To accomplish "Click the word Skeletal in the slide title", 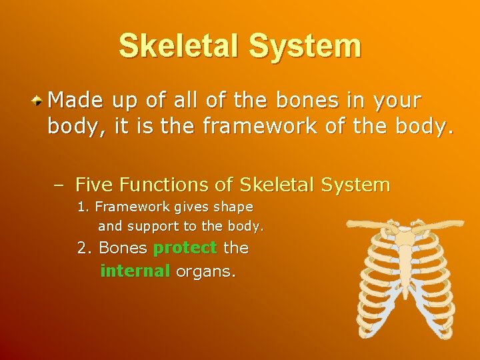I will pyautogui.click(x=179, y=46).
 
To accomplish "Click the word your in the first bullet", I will pyautogui.click(x=397, y=101).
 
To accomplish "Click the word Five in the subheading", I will pyautogui.click(x=93, y=185).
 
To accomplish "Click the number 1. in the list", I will pyautogui.click(x=83, y=207).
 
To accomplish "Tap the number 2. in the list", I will pyautogui.click(x=85, y=248).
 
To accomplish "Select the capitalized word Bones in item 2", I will pyautogui.click(x=123, y=248).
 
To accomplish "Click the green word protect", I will pyautogui.click(x=185, y=249).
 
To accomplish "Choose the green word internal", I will pyautogui.click(x=135, y=271).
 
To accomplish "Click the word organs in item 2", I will pyautogui.click(x=205, y=272).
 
